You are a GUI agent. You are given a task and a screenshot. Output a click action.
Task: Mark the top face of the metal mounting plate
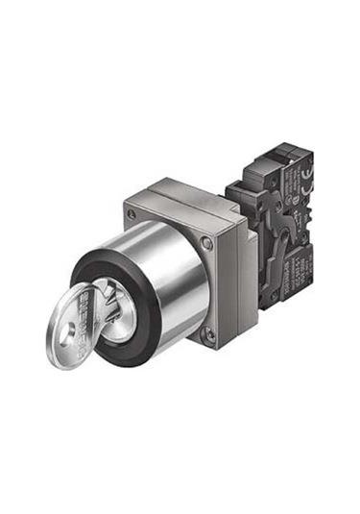point(182,192)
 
